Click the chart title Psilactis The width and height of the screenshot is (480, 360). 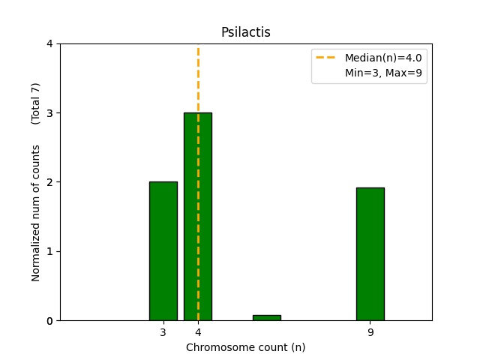(x=245, y=32)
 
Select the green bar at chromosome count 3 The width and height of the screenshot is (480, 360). (x=163, y=250)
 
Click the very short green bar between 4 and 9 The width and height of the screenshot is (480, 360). (x=266, y=317)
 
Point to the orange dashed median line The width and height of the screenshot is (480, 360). (x=198, y=82)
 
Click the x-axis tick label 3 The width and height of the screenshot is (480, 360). (x=163, y=332)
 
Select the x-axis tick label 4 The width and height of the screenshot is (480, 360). (x=198, y=332)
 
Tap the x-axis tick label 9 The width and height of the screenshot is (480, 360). (x=370, y=332)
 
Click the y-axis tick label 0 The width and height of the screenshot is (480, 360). (x=50, y=321)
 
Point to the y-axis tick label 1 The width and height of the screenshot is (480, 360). (x=50, y=251)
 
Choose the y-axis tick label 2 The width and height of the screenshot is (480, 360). (x=50, y=182)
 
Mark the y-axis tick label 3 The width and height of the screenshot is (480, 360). (x=50, y=113)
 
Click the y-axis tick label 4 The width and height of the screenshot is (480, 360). (x=50, y=43)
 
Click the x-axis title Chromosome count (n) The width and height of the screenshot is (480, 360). (x=245, y=347)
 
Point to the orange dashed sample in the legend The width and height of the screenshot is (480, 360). (x=327, y=58)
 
